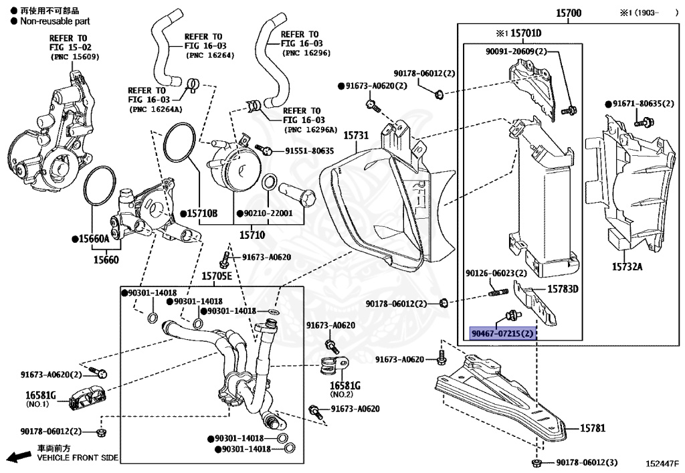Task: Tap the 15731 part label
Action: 356,135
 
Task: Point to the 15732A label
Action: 626,267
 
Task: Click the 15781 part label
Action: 592,428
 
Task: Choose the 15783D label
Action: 563,289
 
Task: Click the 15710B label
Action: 201,213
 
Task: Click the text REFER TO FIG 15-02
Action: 68,43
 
